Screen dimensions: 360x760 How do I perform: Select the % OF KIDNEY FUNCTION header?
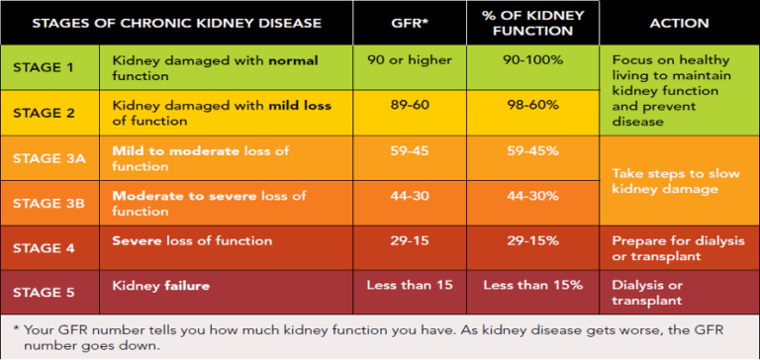point(532,22)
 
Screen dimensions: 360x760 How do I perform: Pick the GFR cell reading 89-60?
point(410,106)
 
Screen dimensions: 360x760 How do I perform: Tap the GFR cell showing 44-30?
point(410,196)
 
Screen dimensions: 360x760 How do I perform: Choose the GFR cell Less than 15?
point(410,286)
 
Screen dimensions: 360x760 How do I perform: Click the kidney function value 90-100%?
point(532,61)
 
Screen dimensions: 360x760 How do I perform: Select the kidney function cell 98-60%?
point(532,106)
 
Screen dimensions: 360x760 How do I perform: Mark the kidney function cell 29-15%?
point(532,240)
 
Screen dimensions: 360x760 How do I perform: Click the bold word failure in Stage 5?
point(185,286)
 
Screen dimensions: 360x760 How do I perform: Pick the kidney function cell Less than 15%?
point(532,286)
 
